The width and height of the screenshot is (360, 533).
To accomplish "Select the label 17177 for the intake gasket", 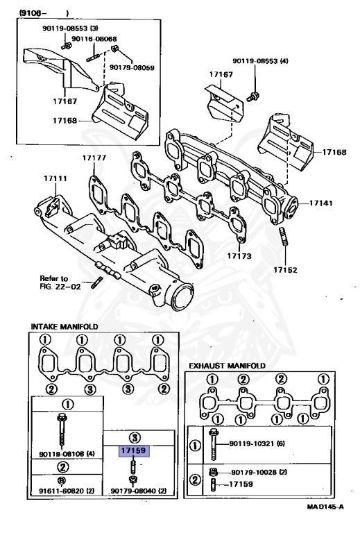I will point(94,158).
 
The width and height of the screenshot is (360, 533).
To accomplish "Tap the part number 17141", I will point(322,203).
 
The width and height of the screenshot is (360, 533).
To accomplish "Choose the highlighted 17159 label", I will point(132,450).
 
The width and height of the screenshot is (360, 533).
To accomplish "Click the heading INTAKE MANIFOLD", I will point(65,326).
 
